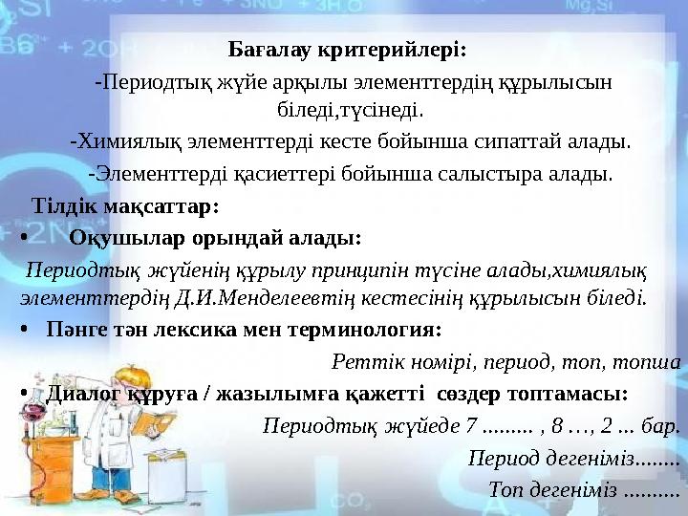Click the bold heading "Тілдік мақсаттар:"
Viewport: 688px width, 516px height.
tap(125, 205)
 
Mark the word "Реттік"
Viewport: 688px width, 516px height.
tap(361, 361)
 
